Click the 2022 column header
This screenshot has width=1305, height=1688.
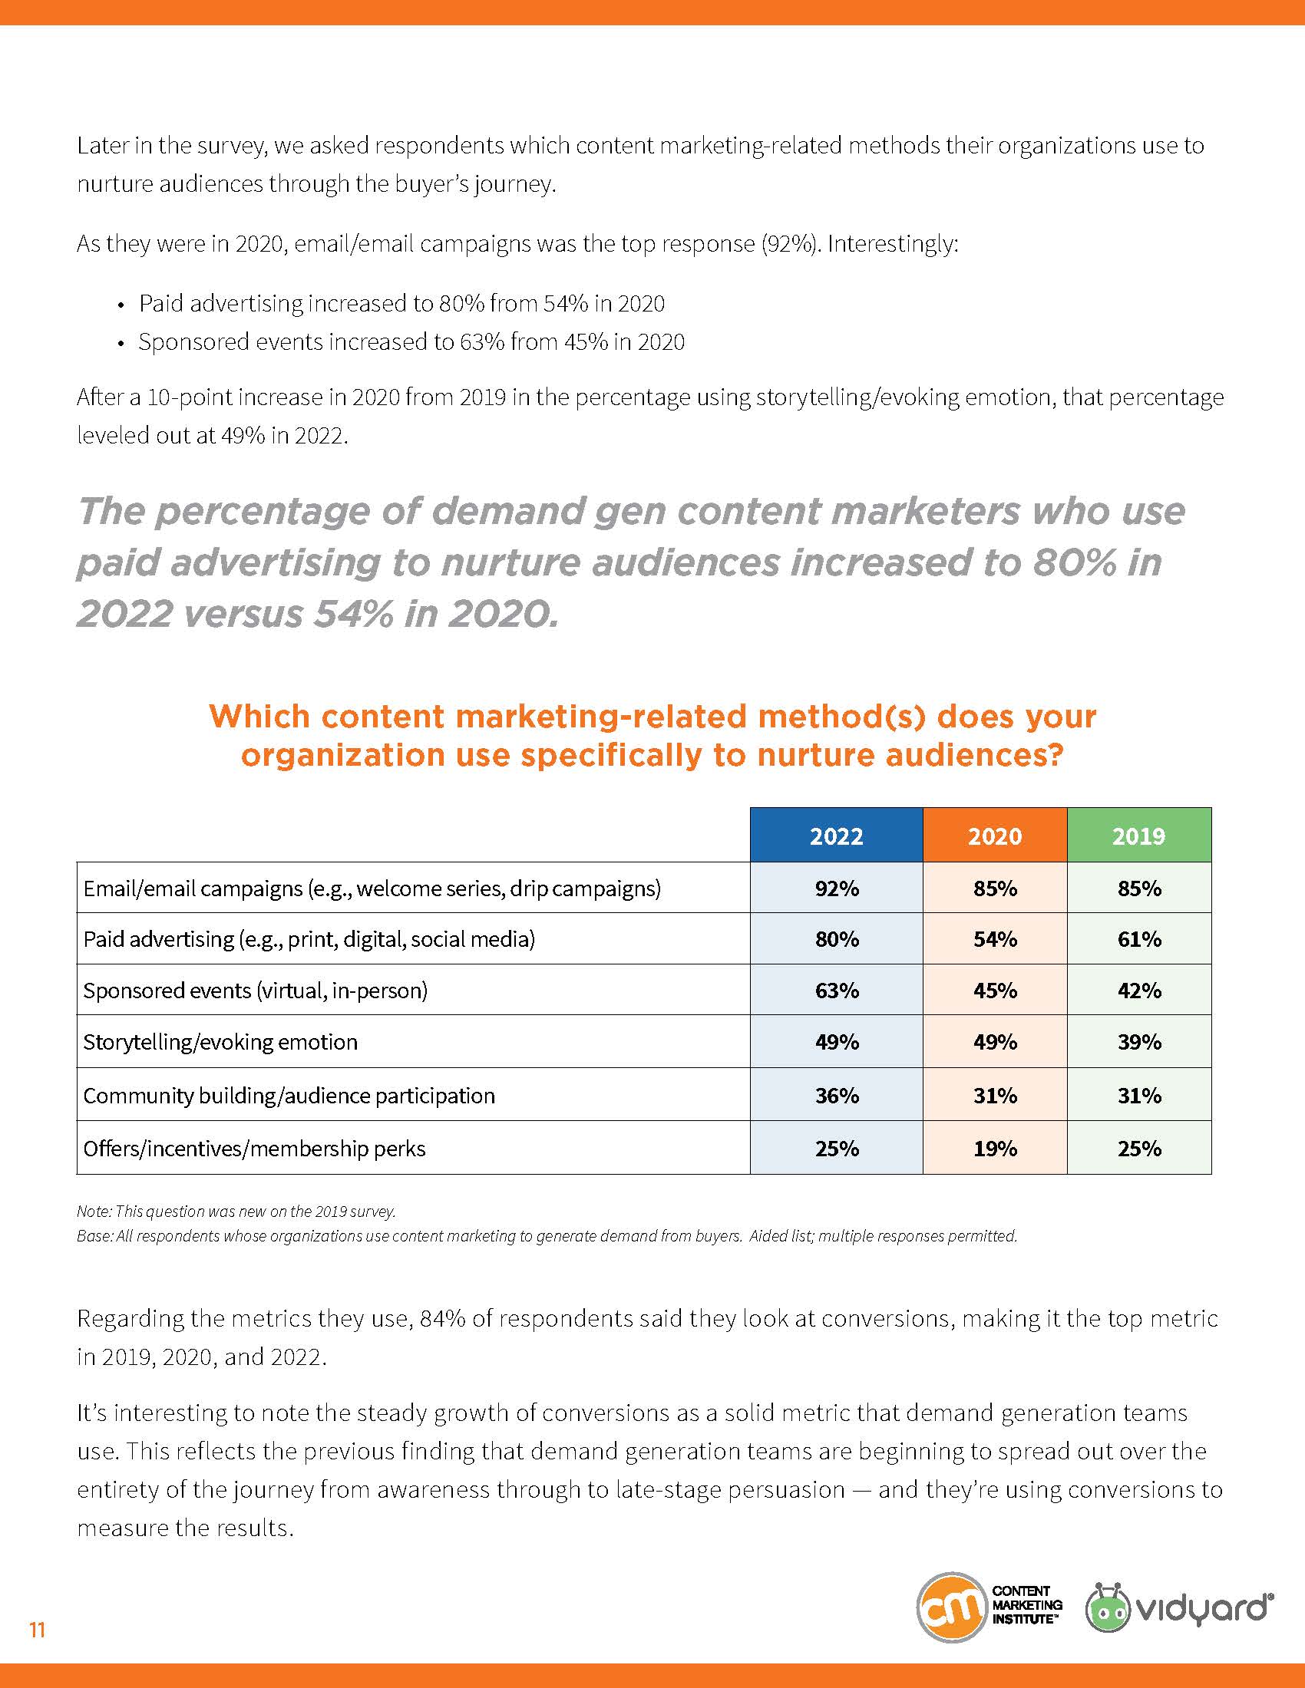point(836,836)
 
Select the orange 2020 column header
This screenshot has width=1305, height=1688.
point(994,836)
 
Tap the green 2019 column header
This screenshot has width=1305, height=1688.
point(1138,836)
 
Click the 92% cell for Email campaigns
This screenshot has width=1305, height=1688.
point(837,888)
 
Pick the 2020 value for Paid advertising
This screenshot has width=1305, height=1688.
point(994,939)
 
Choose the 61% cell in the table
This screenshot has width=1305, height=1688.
point(1138,939)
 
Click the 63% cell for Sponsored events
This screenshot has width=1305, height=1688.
point(837,990)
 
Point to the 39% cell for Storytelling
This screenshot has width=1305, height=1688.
point(1138,1042)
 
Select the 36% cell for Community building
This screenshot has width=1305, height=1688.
point(837,1095)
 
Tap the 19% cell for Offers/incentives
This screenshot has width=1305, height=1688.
point(994,1149)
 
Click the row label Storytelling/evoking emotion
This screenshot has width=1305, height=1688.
point(220,1042)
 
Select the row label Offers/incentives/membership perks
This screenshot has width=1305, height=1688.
point(254,1149)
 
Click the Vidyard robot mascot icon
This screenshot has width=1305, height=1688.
point(1107,1607)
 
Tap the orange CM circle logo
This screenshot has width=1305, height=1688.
point(951,1607)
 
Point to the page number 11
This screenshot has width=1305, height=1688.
point(37,1630)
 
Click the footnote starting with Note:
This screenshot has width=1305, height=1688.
point(236,1211)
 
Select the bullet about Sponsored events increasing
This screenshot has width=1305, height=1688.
point(411,341)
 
